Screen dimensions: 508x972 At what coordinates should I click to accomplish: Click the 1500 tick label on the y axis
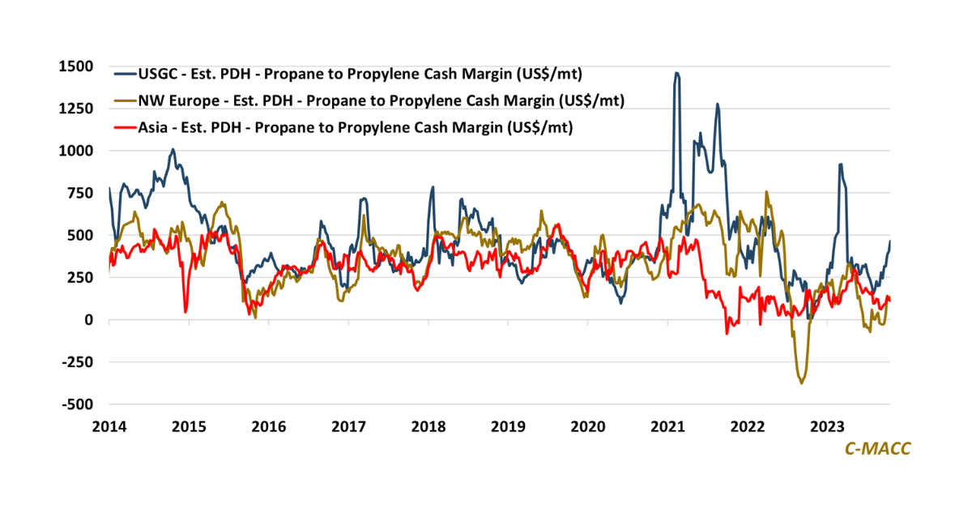76,66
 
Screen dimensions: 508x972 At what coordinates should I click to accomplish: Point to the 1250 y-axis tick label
76,109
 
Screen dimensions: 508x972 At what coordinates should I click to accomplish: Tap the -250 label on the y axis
79,362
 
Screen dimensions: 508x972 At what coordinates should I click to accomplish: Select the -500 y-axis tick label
79,404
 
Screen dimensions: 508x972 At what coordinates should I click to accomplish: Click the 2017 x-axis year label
349,426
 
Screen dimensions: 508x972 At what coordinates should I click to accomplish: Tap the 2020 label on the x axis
589,426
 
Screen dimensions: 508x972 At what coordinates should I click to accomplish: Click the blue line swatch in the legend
124,75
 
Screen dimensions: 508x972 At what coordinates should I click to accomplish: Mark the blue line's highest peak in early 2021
676,73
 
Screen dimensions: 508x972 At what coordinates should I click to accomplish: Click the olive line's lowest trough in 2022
802,382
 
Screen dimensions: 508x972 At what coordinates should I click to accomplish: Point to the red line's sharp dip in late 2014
185,312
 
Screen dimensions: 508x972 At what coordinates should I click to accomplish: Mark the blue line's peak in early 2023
841,164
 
